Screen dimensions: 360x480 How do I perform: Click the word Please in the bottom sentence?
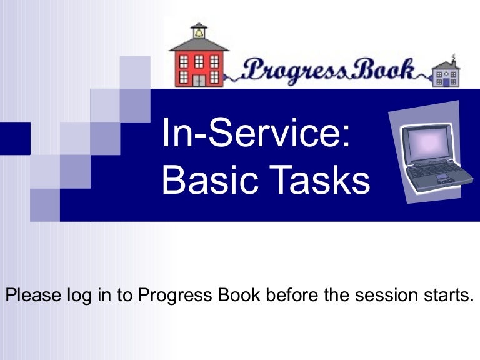[32, 294]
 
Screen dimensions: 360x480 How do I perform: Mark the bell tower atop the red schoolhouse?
[199, 31]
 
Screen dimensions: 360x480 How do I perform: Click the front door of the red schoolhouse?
[199, 79]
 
